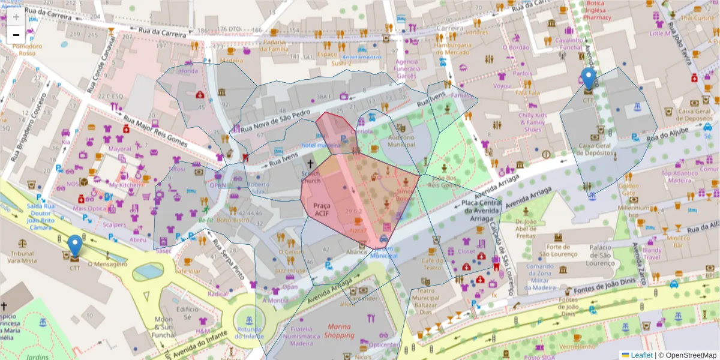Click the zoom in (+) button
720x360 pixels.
coord(16,16)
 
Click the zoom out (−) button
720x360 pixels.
coord(16,35)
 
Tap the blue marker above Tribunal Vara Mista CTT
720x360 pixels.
coord(74,245)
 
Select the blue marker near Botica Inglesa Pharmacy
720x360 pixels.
coord(589,79)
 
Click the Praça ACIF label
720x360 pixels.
coord(322,209)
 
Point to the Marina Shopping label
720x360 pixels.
coord(341,331)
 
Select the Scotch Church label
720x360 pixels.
coord(311,177)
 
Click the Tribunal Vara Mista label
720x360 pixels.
coord(21,257)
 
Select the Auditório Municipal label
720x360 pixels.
coord(401,141)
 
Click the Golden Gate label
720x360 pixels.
coord(631,185)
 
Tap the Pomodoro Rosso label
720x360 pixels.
coord(28,49)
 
